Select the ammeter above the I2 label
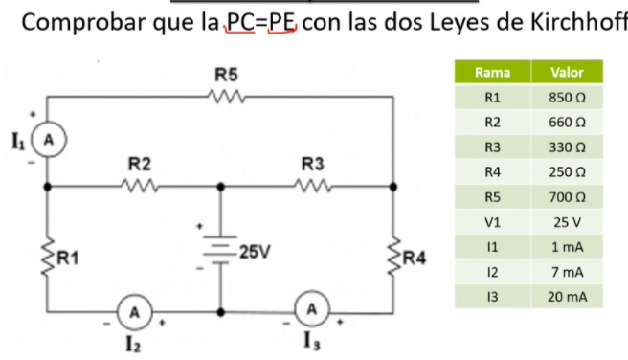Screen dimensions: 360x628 pos(137,310)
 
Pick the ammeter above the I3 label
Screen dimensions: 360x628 pos(311,310)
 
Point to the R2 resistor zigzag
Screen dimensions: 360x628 pos(140,185)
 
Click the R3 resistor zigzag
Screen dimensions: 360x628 pos(313,185)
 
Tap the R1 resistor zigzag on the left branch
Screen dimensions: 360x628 pos(49,256)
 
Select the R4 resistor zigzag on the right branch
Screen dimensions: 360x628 pos(393,256)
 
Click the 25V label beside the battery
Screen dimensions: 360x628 pos(255,253)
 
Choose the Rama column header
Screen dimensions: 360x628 pos(492,73)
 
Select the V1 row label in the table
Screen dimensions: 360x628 pos(492,222)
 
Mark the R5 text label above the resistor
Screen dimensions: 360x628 pos(227,74)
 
